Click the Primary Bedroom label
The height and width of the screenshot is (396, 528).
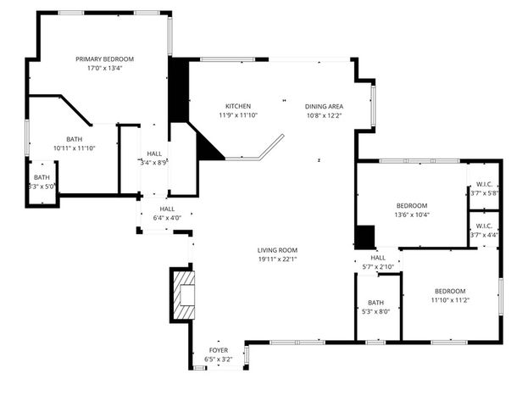click(x=104, y=59)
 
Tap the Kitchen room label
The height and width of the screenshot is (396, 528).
click(x=238, y=106)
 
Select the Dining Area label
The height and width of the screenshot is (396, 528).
click(x=324, y=107)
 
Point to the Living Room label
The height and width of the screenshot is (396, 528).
click(x=277, y=250)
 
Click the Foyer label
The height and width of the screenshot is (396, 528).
click(x=219, y=350)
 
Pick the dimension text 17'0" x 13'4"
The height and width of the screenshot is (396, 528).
click(x=104, y=68)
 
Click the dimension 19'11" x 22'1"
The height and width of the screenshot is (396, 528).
click(x=277, y=259)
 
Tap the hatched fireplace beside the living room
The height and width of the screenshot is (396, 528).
click(x=184, y=295)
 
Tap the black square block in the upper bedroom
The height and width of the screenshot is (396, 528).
click(x=365, y=237)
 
